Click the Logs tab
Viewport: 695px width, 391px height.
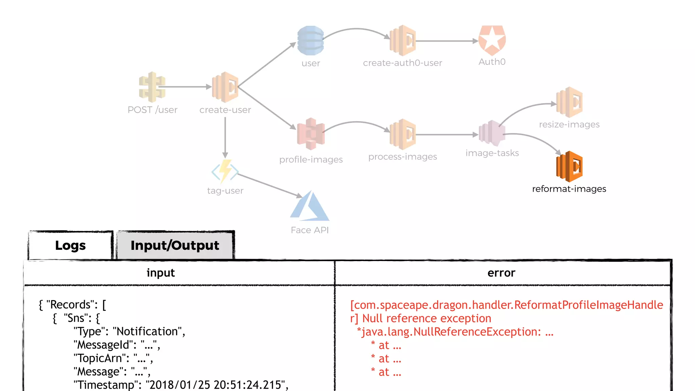70,245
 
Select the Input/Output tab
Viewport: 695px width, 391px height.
175,245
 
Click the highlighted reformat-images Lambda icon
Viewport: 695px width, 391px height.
569,166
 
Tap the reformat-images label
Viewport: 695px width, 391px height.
569,189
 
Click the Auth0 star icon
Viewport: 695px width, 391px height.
492,40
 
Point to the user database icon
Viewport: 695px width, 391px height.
311,40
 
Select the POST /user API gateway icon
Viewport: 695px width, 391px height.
152,87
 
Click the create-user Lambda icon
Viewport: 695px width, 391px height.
225,87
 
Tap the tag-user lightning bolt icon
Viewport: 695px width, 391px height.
225,171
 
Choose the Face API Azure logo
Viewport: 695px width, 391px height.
309,207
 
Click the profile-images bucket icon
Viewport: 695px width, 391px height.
311,134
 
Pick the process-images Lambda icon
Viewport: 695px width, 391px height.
402,134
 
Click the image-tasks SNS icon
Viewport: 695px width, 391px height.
492,133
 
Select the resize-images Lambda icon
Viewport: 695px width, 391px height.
569,102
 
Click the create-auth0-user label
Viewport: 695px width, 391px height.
402,63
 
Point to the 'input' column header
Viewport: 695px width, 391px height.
161,273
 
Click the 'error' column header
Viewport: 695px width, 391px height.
501,273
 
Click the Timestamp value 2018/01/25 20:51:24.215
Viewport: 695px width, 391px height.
216,385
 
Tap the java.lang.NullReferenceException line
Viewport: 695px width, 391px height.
455,332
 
